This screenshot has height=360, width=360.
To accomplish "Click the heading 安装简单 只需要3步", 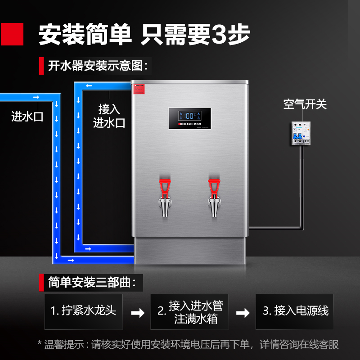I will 144,34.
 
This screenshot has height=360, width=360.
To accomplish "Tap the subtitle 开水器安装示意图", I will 98,66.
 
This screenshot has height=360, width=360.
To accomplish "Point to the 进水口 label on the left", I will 27,117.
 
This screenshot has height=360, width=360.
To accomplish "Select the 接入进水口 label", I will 109,116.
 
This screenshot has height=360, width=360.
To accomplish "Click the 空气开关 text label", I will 305,104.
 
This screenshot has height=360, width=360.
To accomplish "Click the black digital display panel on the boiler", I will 190,118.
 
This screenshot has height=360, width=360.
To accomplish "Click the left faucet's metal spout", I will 165,207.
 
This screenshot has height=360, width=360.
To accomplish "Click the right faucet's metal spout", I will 215,207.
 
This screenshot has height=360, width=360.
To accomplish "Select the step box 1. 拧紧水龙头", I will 83,311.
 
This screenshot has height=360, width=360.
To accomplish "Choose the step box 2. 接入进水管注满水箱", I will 189,312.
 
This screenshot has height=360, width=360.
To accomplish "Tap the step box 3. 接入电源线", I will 295,311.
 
